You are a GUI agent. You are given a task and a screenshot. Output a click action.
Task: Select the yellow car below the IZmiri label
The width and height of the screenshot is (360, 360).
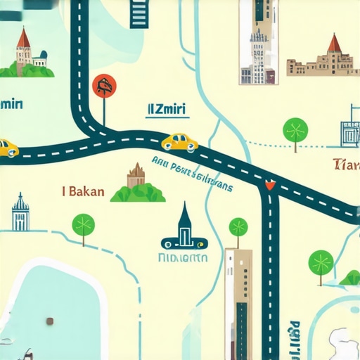[179, 142]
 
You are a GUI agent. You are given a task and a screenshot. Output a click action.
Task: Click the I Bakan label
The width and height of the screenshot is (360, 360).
[84, 191]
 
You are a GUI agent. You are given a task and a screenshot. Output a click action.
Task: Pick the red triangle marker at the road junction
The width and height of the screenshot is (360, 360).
[268, 186]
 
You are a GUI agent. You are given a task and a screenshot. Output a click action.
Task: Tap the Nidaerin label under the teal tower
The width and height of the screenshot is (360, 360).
[185, 257]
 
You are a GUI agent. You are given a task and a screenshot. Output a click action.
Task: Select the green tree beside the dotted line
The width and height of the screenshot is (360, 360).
[295, 131]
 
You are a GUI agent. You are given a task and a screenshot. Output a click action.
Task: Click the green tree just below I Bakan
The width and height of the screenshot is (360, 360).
[83, 226]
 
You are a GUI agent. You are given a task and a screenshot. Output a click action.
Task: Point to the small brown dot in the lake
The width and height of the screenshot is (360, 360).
[50, 321]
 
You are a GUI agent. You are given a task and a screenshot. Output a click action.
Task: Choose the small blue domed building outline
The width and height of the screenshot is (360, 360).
[20, 213]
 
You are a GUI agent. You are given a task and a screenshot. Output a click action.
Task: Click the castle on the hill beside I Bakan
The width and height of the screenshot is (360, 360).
[136, 184]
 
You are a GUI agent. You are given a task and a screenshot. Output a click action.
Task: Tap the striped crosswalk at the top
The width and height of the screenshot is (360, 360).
[141, 13]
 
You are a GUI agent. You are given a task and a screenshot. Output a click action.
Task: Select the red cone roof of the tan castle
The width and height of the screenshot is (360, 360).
[334, 44]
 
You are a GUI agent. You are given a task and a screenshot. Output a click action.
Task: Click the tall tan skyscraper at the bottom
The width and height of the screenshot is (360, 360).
[238, 302]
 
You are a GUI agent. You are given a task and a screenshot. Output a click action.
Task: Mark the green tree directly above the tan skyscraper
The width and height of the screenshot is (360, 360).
[238, 228]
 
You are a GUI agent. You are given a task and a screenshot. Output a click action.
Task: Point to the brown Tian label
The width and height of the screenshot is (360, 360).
[346, 166]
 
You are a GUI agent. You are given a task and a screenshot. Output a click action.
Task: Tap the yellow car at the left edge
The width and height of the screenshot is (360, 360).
[7, 148]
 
